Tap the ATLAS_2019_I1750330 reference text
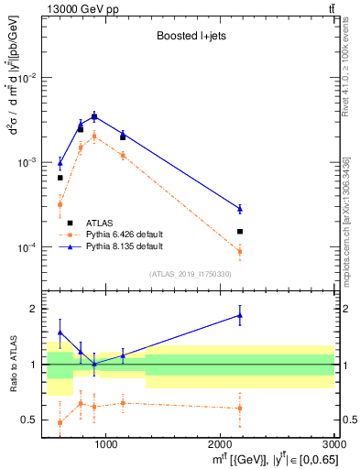[x=190, y=274]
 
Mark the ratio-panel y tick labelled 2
[x=34, y=309]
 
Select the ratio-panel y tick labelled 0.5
[x=29, y=420]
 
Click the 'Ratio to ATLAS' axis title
[x=12, y=365]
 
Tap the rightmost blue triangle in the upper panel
[x=240, y=209]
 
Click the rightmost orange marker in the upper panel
[x=240, y=251]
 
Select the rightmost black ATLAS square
[x=240, y=232]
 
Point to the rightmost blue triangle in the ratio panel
[x=240, y=315]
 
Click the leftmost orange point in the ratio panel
[x=60, y=422]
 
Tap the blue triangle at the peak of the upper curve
[x=94, y=116]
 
